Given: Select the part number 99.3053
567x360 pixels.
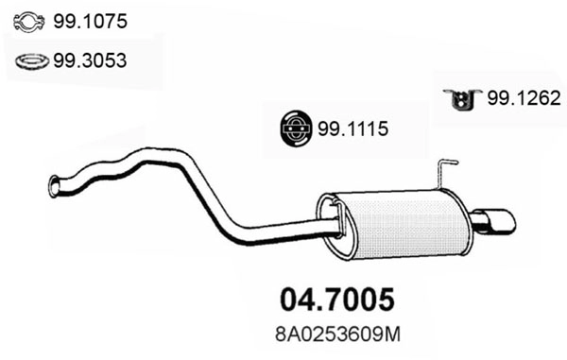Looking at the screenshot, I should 91,61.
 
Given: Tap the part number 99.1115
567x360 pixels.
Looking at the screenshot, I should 354,129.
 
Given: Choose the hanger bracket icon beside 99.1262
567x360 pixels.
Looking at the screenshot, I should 461,98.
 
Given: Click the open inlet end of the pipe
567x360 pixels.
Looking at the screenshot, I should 54,187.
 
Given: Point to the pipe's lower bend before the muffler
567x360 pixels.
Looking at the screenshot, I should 236,229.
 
